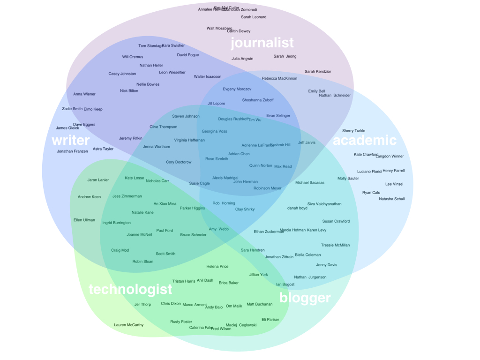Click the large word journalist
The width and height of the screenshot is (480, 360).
262,43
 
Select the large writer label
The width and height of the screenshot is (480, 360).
70,140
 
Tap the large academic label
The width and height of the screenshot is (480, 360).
365,140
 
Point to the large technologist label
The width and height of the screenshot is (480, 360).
130,289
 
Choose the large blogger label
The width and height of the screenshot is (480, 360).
305,298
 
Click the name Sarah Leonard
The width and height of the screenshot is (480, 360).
254,17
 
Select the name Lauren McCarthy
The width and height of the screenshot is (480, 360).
129,325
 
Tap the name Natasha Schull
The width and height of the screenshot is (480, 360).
392,199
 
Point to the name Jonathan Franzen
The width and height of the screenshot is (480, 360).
72,151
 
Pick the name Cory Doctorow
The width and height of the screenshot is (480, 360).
179,162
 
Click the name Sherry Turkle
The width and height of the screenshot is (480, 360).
353,131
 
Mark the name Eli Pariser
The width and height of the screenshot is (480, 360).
270,320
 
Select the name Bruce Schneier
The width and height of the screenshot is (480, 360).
193,235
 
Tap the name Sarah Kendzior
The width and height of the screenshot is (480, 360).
318,72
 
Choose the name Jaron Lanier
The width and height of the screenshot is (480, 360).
98,180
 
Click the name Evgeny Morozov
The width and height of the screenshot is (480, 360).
237,89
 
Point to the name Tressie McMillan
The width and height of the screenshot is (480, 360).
335,245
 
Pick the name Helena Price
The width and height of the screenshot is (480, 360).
217,267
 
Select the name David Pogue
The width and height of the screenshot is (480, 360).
188,55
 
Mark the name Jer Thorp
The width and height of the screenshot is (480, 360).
142,305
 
